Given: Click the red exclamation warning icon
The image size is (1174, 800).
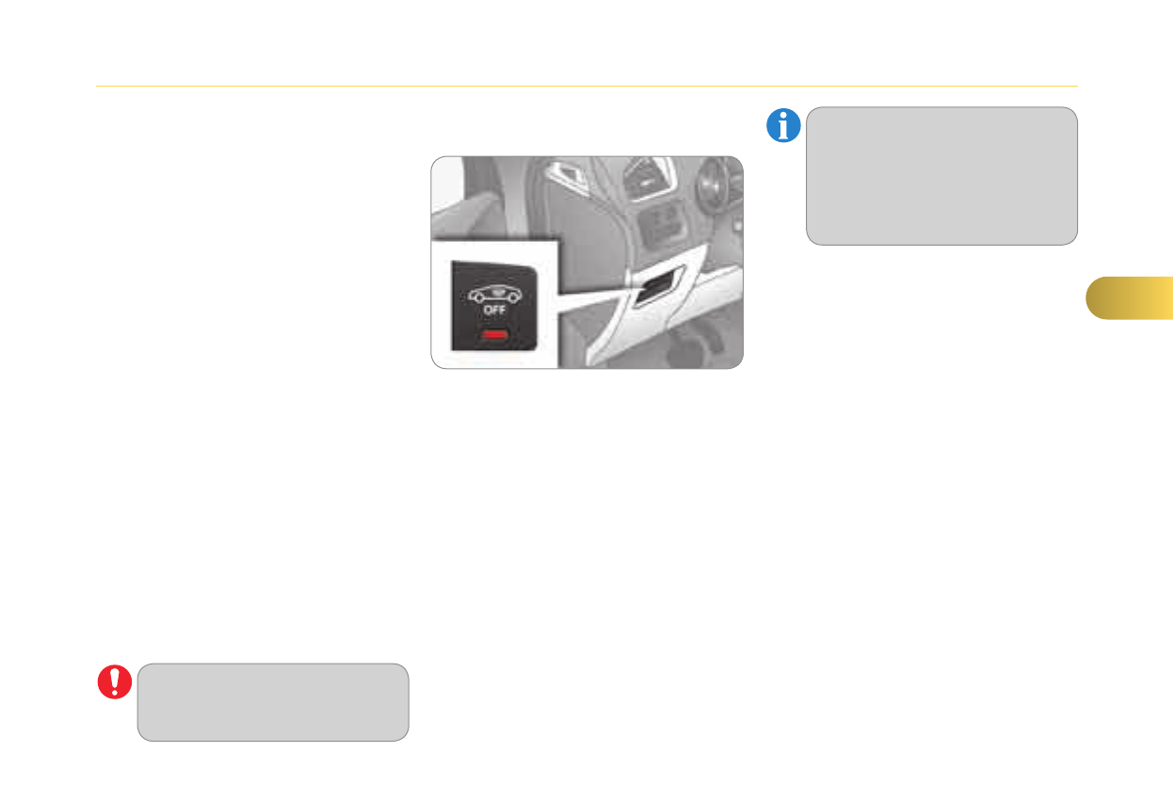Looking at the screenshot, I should tap(114, 682).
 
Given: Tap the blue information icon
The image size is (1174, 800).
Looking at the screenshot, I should tap(783, 125).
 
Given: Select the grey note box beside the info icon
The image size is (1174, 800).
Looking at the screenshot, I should tap(941, 176).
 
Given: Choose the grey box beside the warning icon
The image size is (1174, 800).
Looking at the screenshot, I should tap(273, 702).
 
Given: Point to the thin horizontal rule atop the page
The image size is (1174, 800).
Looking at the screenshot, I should tap(587, 87).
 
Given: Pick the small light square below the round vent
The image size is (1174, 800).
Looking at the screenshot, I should tap(734, 226).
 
